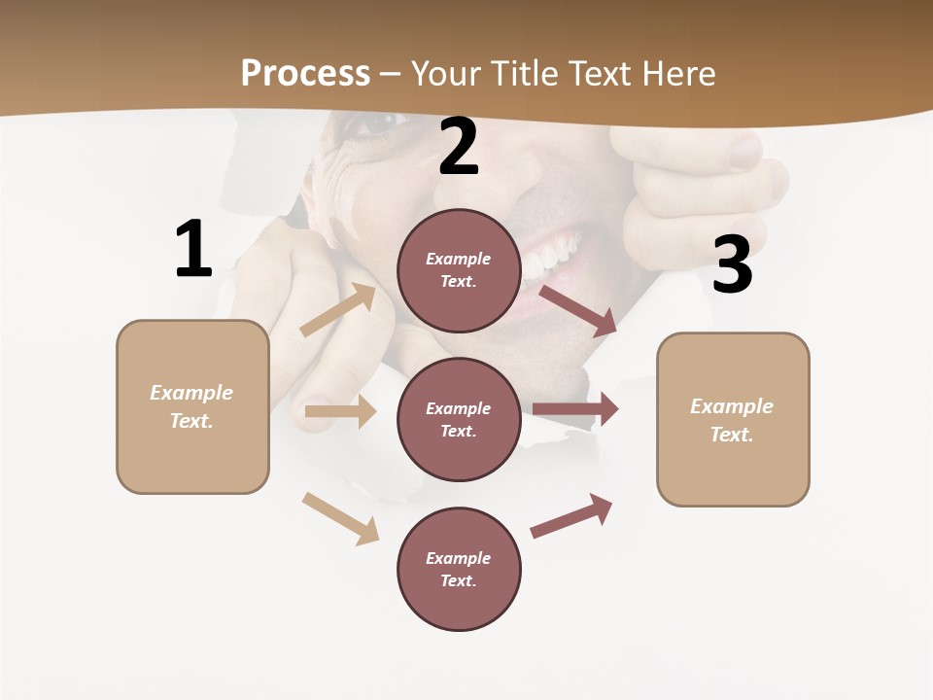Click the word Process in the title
[x=305, y=74]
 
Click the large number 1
[x=193, y=250]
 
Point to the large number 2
[x=459, y=148]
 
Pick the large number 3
[x=732, y=265]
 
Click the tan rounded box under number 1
[x=192, y=406]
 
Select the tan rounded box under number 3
[x=733, y=420]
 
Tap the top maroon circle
[x=459, y=270]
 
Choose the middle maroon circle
[x=459, y=420]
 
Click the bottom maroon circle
[x=459, y=570]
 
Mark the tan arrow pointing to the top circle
[x=338, y=310]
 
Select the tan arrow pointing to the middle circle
[x=340, y=411]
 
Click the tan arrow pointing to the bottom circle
[x=340, y=518]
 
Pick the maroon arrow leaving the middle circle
[x=575, y=409]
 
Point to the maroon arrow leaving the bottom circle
[x=571, y=515]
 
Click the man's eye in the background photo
[x=374, y=125]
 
